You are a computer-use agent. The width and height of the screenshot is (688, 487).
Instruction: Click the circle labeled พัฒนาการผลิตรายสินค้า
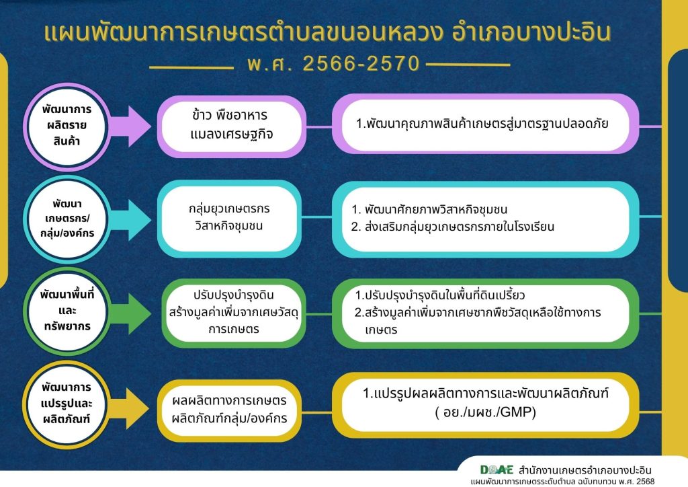click(67, 126)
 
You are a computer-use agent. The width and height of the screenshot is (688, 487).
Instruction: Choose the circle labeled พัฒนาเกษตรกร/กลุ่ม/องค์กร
click(67, 219)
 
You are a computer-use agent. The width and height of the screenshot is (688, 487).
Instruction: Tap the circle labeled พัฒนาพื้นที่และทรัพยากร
click(67, 311)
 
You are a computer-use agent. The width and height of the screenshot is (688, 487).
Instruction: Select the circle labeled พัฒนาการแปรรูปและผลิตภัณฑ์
click(67, 404)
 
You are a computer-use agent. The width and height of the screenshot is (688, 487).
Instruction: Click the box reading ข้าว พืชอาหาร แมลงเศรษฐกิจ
click(231, 126)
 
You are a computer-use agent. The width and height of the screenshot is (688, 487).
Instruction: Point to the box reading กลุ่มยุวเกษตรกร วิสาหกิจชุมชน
click(229, 218)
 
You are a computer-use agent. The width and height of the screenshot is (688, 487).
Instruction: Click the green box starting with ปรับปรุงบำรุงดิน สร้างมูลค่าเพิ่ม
click(233, 313)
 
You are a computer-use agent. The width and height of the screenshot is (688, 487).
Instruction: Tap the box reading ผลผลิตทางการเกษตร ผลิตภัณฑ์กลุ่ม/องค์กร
click(229, 409)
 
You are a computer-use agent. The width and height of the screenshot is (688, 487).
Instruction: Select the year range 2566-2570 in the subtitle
click(361, 64)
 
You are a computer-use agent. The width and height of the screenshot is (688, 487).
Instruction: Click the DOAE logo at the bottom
click(497, 470)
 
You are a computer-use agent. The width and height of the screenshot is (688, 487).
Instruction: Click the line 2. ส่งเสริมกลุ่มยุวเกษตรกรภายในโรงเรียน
click(452, 227)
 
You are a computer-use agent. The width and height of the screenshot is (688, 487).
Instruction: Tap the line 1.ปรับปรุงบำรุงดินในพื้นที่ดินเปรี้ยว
click(439, 295)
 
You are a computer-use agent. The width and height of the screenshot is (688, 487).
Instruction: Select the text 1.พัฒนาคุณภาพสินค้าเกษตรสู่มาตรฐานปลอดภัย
click(482, 124)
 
